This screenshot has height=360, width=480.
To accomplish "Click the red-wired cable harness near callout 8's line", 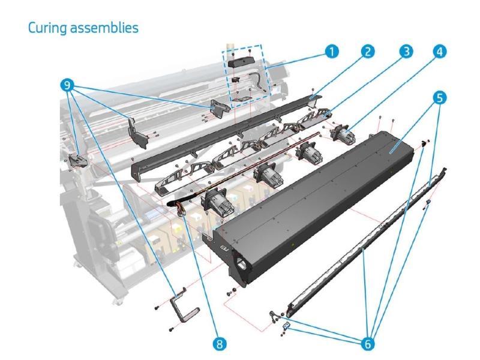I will point(178,209).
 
